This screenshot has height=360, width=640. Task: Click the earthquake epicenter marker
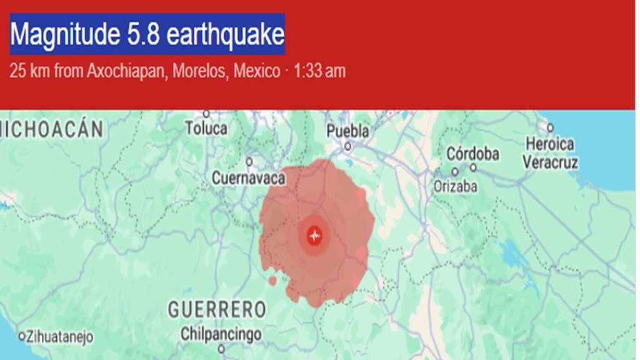(314, 236)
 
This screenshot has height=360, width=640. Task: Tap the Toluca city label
(206, 129)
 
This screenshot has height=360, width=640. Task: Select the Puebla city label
(347, 131)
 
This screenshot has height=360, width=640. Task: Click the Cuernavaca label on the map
(248, 178)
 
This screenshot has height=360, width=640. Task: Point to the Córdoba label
(472, 154)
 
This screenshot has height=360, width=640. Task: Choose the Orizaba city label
(456, 186)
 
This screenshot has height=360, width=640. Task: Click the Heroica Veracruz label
(550, 153)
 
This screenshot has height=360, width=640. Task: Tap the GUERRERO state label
(217, 309)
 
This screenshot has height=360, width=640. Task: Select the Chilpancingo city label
(221, 334)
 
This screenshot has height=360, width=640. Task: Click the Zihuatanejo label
(60, 337)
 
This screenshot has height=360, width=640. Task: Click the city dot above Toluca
(206, 114)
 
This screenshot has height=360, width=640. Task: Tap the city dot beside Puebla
(347, 147)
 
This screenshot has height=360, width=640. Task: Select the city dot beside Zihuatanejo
(22, 336)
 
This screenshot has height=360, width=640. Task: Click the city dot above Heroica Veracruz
(550, 127)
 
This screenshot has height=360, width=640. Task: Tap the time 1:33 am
(319, 71)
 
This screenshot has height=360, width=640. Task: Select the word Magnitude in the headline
(60, 34)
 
